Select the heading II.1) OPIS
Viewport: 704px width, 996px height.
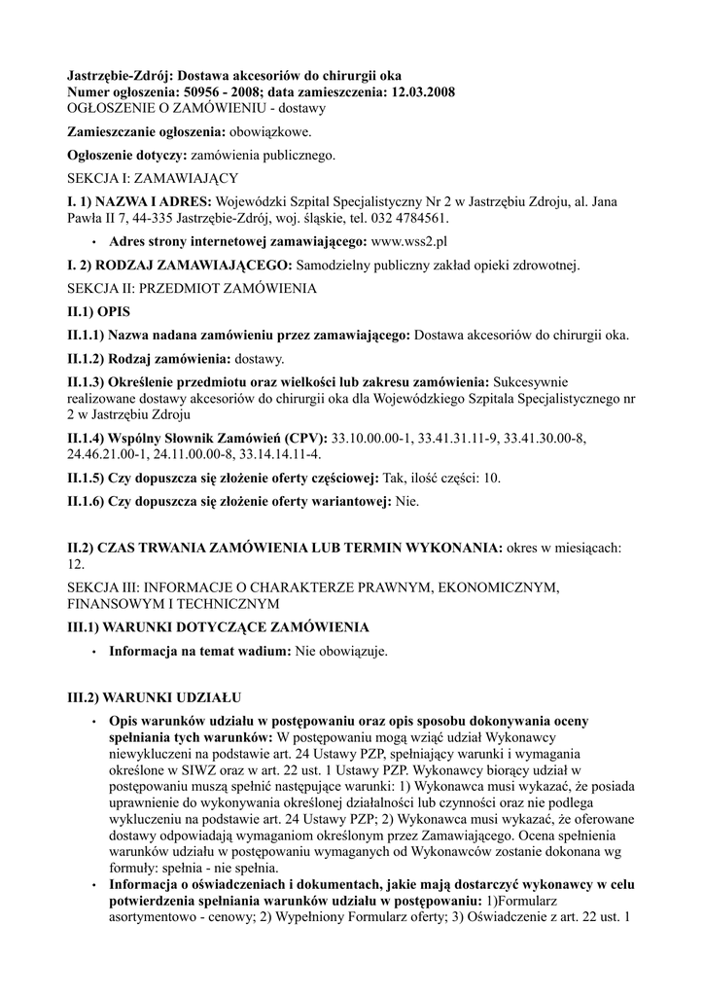(x=97, y=312)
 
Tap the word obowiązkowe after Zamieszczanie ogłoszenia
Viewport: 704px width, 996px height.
(x=271, y=131)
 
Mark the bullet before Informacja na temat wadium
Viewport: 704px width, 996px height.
(x=93, y=653)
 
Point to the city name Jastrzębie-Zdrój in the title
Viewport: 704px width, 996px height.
(x=120, y=75)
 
